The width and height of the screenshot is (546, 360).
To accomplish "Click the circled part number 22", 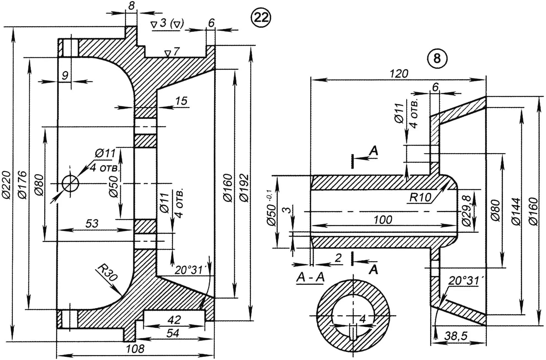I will tap(261, 18).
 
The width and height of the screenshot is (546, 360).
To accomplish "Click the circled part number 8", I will tap(437, 58).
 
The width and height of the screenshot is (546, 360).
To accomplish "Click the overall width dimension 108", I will tap(135, 349).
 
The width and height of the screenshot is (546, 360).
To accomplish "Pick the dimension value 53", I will tap(92, 223).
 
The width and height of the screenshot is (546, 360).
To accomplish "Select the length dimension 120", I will tap(399, 74).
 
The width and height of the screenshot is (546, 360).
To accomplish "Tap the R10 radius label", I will tap(420, 197).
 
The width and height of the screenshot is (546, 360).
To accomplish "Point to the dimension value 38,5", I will tap(456, 336).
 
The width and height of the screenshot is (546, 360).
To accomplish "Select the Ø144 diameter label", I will tap(516, 211).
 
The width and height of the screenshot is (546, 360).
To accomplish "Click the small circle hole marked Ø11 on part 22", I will tap(70, 184).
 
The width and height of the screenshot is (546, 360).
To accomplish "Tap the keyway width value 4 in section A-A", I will tap(363, 319).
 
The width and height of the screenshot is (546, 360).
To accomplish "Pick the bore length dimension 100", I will tap(383, 220).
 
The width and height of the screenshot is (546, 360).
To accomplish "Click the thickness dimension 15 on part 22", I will tap(181, 101).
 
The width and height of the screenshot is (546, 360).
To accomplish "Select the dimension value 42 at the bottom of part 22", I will tap(174, 320).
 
